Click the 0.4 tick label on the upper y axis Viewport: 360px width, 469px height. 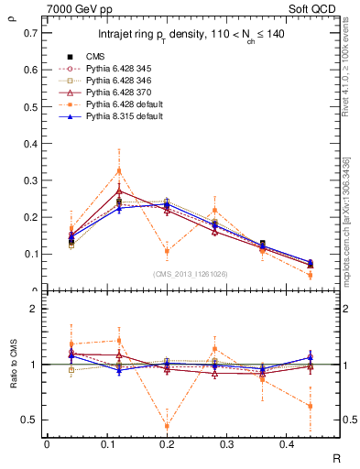[x=31, y=143]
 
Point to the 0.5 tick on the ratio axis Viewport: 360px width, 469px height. [x=31, y=420]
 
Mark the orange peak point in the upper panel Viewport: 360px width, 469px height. [x=118, y=170]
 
